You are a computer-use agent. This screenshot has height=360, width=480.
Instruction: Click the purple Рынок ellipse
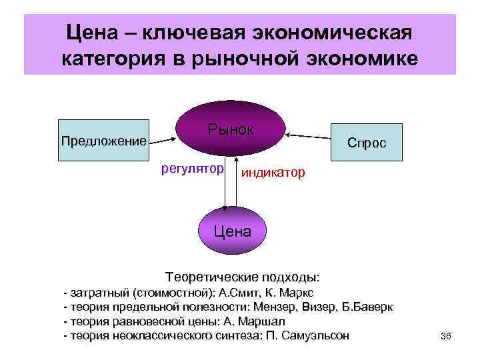pyautogui.click(x=231, y=129)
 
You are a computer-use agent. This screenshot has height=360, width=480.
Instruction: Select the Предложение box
pyautogui.click(x=103, y=141)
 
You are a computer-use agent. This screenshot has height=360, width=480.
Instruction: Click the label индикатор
pyautogui.click(x=273, y=173)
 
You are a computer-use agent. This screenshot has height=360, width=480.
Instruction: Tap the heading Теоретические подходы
pyautogui.click(x=242, y=277)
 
